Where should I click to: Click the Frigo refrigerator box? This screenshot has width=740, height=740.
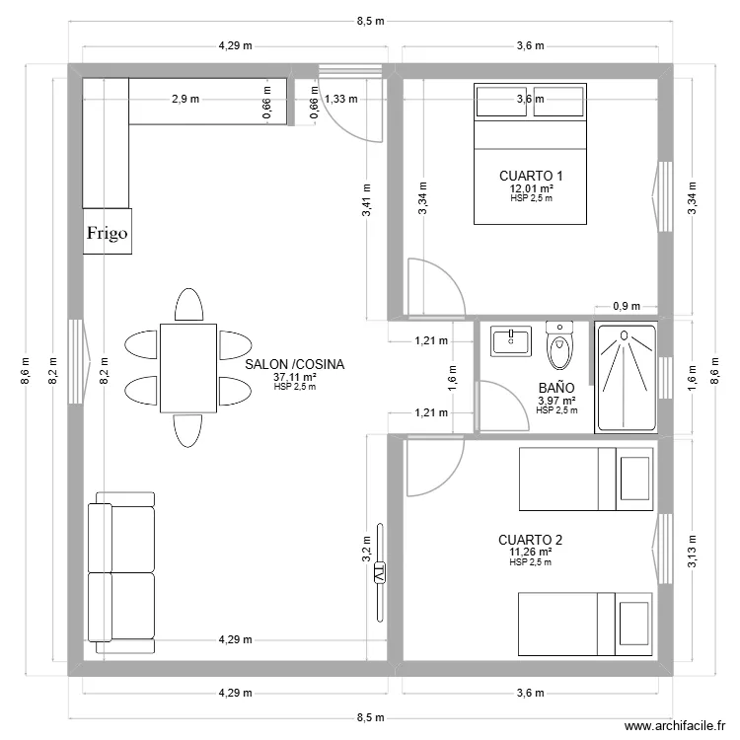pos(107,233)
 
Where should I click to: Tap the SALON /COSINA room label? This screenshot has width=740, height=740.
pos(295,365)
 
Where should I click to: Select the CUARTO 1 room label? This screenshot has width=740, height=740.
pos(531,176)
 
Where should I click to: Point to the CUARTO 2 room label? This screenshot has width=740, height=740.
pos(530,540)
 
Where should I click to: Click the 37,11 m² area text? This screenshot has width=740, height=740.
pos(295,377)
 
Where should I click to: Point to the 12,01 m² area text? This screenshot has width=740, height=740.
pos(531,187)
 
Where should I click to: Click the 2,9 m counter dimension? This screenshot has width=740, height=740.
pos(185,99)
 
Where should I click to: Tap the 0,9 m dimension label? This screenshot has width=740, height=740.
pos(626,306)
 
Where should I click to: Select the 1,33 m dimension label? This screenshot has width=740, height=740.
pos(340,99)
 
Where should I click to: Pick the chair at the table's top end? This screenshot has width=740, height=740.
pos(187,305)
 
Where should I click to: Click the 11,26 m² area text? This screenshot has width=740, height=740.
pos(530,552)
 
